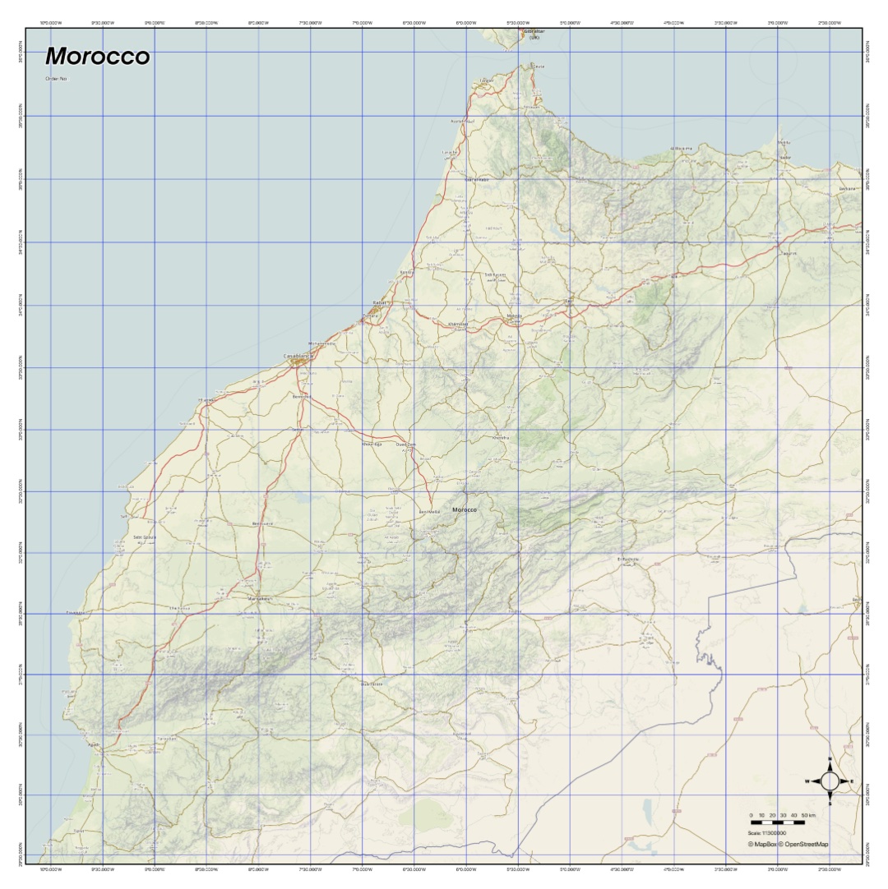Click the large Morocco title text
click(98, 57)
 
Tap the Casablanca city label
click(298, 356)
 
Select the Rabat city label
click(379, 302)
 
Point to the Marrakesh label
click(260, 599)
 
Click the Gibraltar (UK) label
click(534, 35)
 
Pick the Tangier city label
click(487, 81)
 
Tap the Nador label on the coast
click(784, 157)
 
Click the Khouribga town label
click(372, 444)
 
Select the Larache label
click(450, 152)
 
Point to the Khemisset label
click(458, 324)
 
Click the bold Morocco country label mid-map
click(465, 509)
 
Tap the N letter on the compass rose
click(830, 759)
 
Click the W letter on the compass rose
click(807, 781)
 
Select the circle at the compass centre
click(830, 781)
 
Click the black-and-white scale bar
click(777, 822)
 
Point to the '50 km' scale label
click(808, 815)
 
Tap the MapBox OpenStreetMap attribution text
click(788, 844)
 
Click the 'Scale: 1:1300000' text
click(767, 833)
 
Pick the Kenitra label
click(407, 272)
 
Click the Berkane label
click(846, 188)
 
